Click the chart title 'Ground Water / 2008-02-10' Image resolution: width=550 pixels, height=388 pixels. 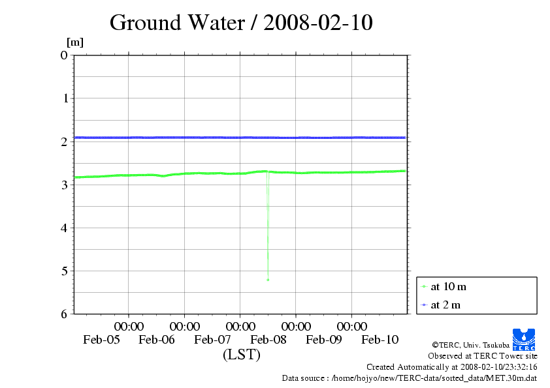tap(241, 22)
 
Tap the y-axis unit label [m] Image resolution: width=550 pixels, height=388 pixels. tap(75, 42)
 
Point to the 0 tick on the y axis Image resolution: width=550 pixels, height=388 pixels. tap(64, 55)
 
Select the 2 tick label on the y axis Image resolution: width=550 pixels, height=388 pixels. tap(64, 142)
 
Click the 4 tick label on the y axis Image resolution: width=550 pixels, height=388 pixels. tap(64, 228)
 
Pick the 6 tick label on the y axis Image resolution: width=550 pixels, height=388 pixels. tap(64, 314)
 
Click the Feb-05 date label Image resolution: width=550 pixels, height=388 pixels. tap(101, 339)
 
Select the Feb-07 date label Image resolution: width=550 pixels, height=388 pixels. tap(213, 339)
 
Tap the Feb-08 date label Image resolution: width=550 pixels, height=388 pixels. tap(268, 339)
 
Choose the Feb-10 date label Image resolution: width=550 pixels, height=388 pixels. tap(380, 339)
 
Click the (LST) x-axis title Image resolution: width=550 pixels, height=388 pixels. tap(242, 355)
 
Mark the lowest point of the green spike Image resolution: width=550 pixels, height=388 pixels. tap(268, 280)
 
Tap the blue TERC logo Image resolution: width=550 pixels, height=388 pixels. tap(525, 338)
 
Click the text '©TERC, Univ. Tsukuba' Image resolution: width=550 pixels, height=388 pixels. tap(470, 345)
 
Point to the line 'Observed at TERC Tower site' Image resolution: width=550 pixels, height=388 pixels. tap(482, 356)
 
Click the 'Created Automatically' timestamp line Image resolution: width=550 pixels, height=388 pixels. tap(451, 367)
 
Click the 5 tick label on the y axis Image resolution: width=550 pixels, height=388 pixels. tap(64, 271)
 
